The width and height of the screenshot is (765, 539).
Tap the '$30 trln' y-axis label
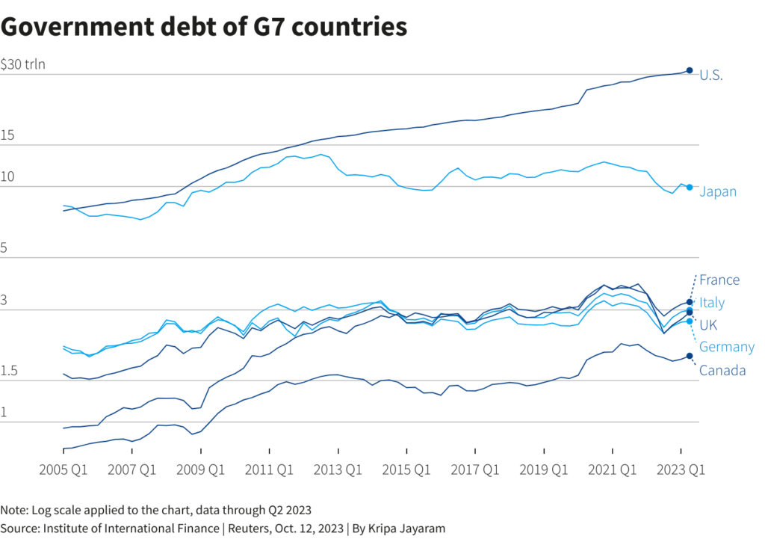(23, 64)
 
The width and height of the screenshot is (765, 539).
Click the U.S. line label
(711, 75)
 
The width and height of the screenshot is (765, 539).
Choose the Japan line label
(718, 192)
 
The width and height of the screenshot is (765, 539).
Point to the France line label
(719, 280)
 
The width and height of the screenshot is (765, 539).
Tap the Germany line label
(727, 347)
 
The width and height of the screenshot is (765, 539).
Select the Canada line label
(722, 370)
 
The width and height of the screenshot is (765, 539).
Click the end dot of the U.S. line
(690, 70)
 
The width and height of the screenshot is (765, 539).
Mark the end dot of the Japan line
(690, 188)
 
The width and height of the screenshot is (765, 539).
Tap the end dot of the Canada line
(690, 356)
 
